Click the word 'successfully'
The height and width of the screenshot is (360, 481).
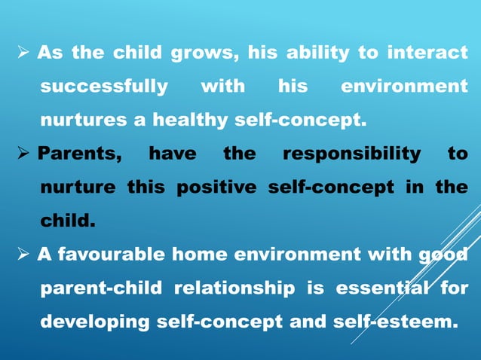pyautogui.click(x=104, y=87)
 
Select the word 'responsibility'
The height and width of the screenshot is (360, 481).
pyautogui.click(x=351, y=154)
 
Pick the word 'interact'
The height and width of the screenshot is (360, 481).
pyautogui.click(x=427, y=53)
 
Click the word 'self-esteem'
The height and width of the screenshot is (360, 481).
pyautogui.click(x=399, y=322)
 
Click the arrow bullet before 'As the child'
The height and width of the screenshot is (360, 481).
pyautogui.click(x=23, y=53)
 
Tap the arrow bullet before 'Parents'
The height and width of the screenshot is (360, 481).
pyautogui.click(x=23, y=154)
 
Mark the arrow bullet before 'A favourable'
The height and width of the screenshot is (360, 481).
pyautogui.click(x=23, y=255)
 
